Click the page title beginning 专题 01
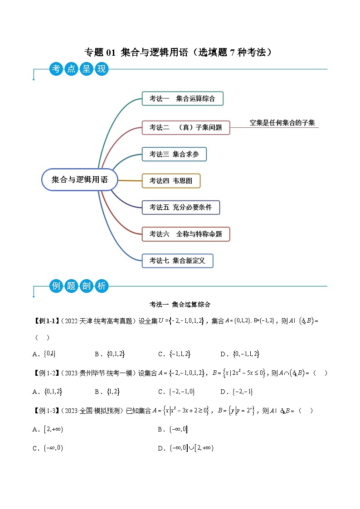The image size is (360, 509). tap(180, 52)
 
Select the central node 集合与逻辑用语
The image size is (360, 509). tap(80, 179)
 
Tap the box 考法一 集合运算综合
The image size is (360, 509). tap(182, 98)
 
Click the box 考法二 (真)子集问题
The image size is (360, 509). tap(186, 127)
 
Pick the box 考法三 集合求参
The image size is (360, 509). tap(174, 154)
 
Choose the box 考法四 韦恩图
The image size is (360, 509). tap(171, 180)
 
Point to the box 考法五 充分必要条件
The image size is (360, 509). tap(180, 207)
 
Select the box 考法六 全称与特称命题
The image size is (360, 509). tap(186, 234)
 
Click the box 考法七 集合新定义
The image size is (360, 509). tap(177, 261)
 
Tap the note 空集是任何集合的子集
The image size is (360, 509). tap(282, 122)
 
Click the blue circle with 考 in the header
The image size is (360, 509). tap(56, 69)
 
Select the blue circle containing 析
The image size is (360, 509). tap(101, 286)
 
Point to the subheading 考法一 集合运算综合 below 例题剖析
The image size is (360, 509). tap(180, 304)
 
